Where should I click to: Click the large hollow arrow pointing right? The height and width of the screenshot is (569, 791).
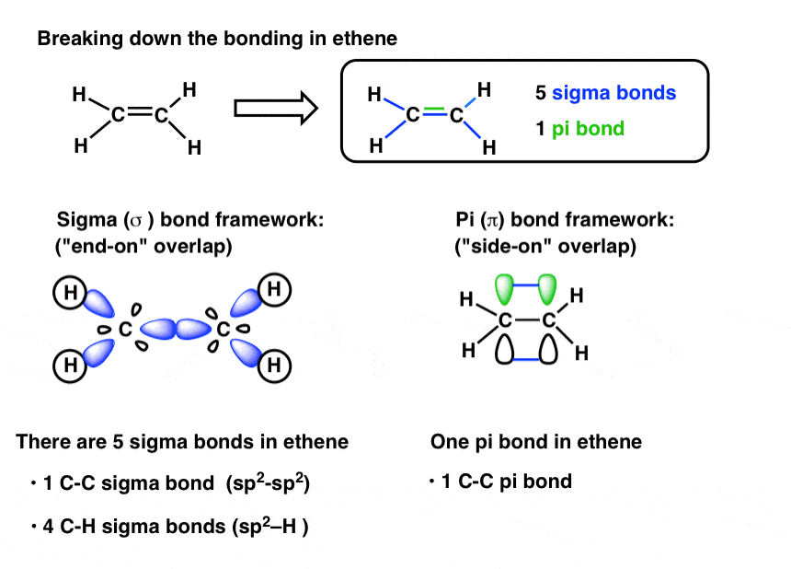tap(276, 110)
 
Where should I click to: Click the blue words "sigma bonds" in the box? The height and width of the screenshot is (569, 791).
tap(613, 93)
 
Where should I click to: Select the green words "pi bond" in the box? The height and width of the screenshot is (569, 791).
tap(588, 128)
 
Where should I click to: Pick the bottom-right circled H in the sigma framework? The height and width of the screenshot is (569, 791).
tap(272, 366)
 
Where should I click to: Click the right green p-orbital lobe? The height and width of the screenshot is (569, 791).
tap(548, 290)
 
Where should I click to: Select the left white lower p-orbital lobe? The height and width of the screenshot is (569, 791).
tap(505, 348)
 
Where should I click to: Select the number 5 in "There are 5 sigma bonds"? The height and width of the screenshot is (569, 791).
tap(125, 442)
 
